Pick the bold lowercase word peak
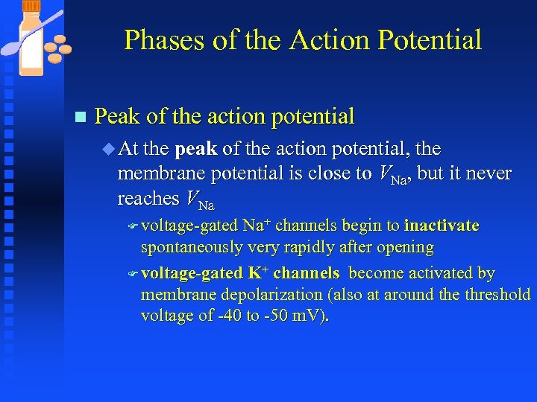[x=195, y=149]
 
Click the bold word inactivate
[x=442, y=226]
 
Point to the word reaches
[x=148, y=199]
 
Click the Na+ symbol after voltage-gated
[x=257, y=226]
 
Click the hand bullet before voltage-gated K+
[x=133, y=274]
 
